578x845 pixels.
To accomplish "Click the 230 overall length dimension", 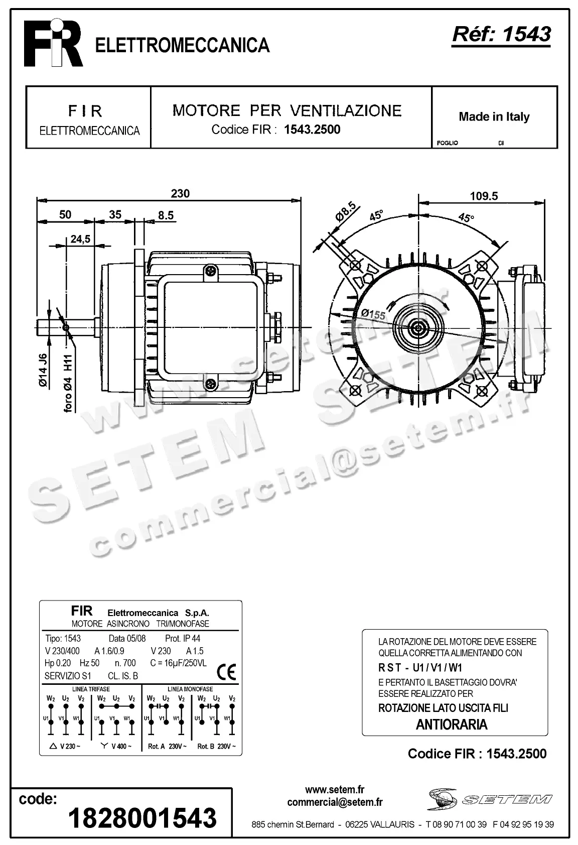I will pos(180,194).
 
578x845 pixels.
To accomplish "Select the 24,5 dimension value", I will pos(80,239).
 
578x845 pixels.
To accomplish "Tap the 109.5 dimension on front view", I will pos(483,196).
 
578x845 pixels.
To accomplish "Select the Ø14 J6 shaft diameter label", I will pos(43,370).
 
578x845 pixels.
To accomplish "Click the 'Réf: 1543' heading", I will pos(501,34).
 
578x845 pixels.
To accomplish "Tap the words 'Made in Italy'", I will pos(494,117).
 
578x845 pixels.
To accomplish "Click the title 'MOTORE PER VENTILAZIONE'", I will pos(287,110).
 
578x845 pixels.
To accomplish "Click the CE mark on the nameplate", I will pos(226,672).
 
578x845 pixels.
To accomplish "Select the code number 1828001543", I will pos(142,817).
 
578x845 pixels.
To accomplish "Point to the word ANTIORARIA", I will pos(452,725).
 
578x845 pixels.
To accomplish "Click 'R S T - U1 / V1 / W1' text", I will pos(420,668).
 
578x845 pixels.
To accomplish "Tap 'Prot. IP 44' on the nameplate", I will pos(182,639).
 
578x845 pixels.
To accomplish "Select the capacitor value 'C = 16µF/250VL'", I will pos(178,663).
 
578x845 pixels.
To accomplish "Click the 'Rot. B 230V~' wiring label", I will pos(216,747).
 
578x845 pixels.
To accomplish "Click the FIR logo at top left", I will pos(54,43).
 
